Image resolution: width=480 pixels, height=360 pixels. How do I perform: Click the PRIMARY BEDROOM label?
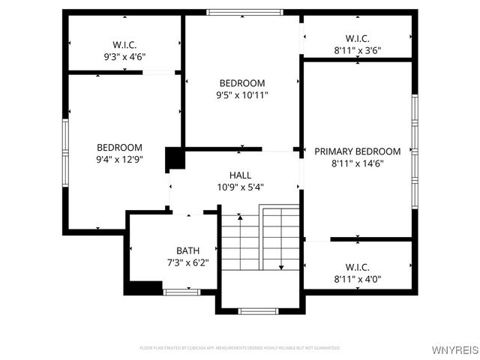click(357, 151)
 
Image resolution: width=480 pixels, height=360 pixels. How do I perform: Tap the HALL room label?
click(240, 175)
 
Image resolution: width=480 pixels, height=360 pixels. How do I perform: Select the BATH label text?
click(187, 250)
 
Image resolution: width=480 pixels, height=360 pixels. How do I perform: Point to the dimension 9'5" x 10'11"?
click(241, 95)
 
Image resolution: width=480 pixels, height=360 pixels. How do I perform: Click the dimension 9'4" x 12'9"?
click(119, 160)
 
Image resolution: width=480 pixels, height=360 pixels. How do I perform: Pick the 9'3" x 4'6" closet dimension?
click(124, 56)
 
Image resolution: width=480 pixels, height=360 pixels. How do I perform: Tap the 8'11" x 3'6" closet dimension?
click(357, 51)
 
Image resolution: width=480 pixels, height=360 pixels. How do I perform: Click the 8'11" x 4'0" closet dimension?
click(357, 279)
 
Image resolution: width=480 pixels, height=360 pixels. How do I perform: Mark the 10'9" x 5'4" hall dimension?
click(240, 187)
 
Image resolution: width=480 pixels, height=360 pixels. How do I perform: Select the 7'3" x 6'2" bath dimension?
click(187, 262)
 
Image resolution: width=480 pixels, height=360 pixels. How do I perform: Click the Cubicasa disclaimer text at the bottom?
click(240, 348)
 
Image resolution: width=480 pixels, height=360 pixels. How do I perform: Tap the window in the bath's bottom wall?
click(181, 292)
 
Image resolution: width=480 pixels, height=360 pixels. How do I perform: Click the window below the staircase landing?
click(258, 310)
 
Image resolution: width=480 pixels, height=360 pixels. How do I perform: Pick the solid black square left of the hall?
click(175, 159)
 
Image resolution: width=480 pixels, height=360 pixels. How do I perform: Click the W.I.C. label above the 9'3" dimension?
click(124, 44)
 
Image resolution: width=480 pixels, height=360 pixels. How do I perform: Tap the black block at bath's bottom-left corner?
click(143, 287)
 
